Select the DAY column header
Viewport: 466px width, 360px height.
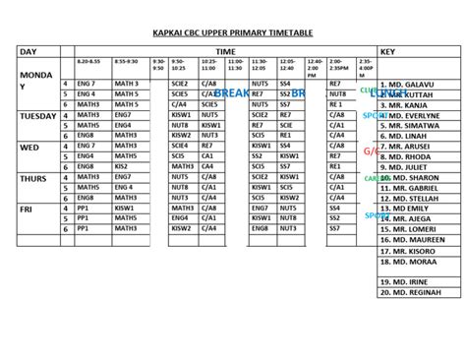click(x=29, y=50)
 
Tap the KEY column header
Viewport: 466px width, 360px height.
click(x=387, y=50)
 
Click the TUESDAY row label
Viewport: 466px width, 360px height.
click(x=38, y=116)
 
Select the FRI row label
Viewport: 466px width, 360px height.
click(x=27, y=209)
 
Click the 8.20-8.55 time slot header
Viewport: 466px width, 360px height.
click(x=91, y=62)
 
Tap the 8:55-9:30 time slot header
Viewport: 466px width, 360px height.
click(x=126, y=62)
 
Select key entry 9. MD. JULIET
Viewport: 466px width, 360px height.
click(x=414, y=167)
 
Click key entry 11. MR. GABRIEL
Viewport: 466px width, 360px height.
click(x=418, y=187)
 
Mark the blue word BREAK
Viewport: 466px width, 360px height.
click(x=232, y=92)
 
